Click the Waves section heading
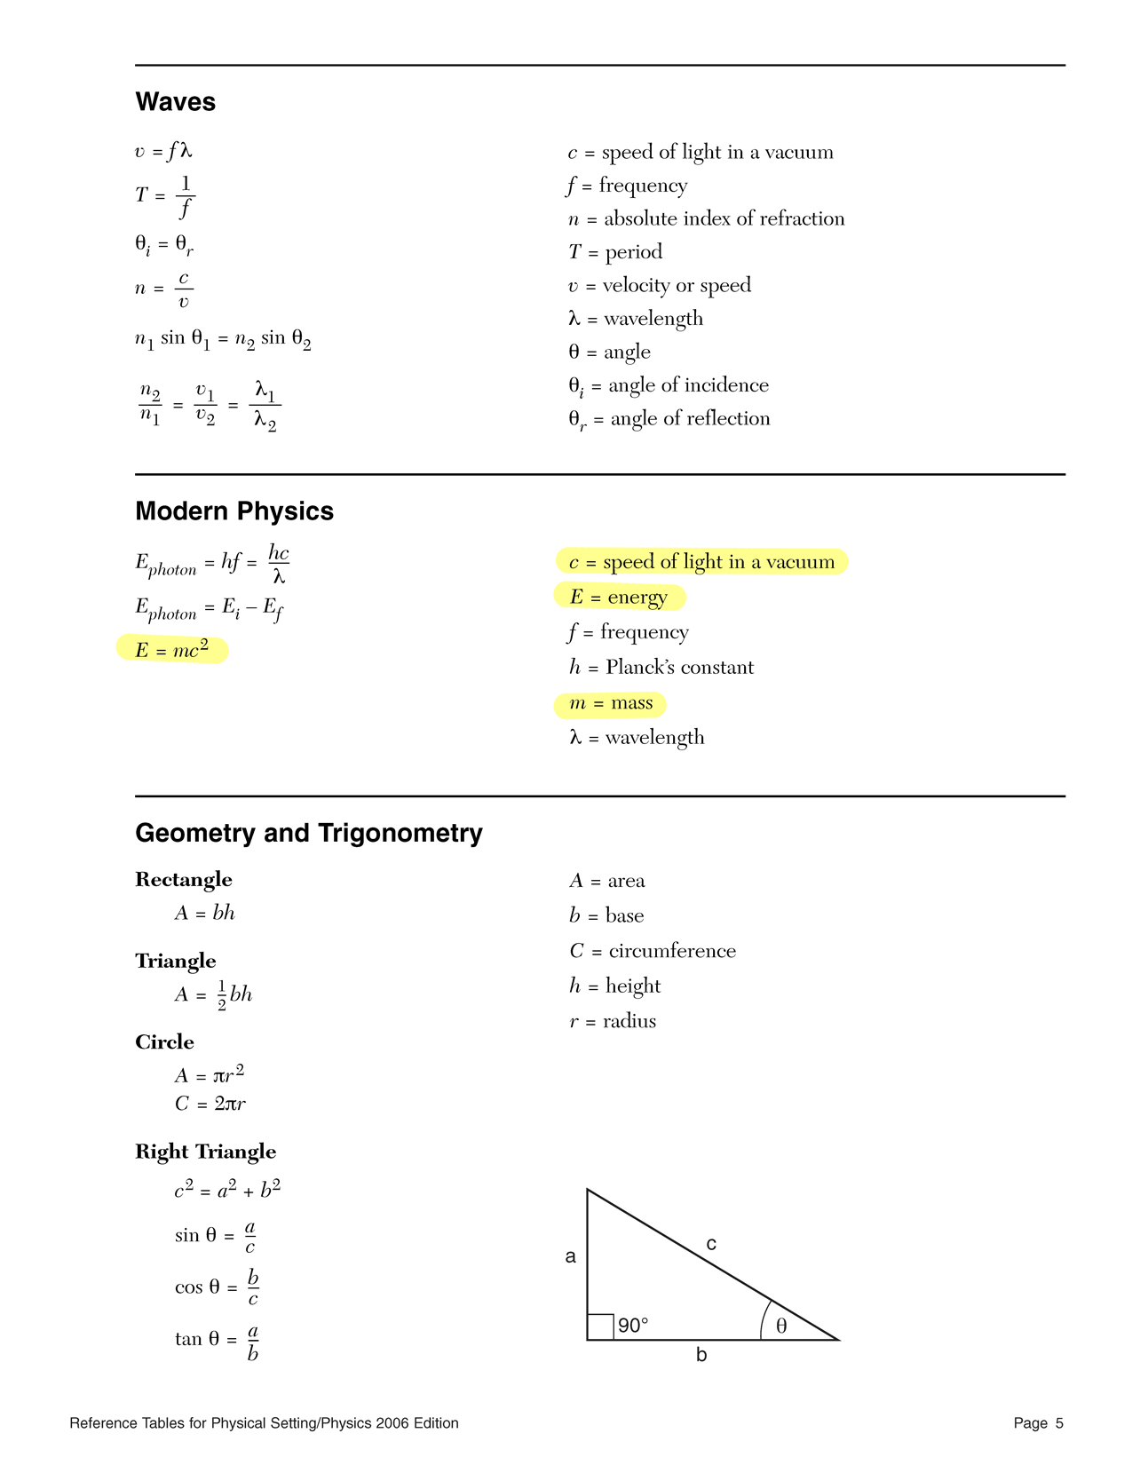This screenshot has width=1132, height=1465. click(x=175, y=102)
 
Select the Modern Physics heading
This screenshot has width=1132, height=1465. click(x=234, y=511)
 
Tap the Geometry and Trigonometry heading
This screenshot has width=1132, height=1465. click(x=309, y=833)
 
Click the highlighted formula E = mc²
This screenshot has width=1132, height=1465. click(x=172, y=650)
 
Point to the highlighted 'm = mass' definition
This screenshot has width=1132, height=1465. click(x=611, y=704)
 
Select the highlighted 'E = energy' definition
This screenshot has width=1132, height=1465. click(x=619, y=598)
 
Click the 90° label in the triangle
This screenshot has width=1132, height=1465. click(x=633, y=1326)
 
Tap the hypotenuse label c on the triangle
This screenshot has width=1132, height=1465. click(x=711, y=1245)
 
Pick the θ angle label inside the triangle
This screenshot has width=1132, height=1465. click(x=781, y=1326)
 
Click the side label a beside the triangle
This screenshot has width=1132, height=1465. click(x=571, y=1256)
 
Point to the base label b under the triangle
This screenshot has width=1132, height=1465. click(x=701, y=1356)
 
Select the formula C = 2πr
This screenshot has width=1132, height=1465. click(x=210, y=1105)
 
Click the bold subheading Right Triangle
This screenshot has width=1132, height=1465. click(x=205, y=1152)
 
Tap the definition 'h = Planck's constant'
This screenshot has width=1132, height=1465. click(x=661, y=668)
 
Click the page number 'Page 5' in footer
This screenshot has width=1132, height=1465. click(x=1038, y=1423)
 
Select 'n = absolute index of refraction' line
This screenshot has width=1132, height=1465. click(x=706, y=219)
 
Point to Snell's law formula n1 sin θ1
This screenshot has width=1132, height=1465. click(x=223, y=339)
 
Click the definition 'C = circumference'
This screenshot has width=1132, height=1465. click(x=653, y=951)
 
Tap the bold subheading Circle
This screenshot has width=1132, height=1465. click(x=164, y=1042)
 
